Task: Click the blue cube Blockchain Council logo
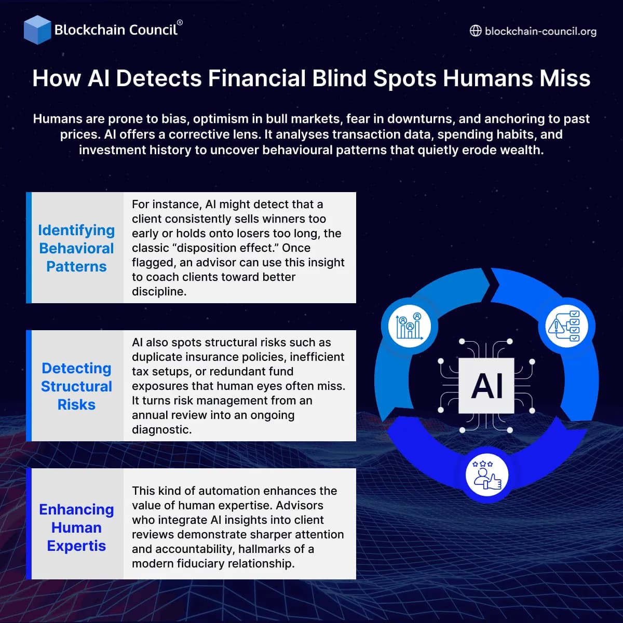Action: tap(37, 30)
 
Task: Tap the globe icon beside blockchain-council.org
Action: tap(476, 31)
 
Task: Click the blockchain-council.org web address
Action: tap(540, 31)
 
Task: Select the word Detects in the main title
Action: tap(159, 78)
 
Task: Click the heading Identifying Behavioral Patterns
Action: tap(76, 248)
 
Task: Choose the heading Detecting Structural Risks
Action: tap(76, 386)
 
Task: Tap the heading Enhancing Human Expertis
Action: tap(76, 527)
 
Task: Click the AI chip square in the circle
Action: tap(486, 386)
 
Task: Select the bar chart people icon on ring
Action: tap(410, 326)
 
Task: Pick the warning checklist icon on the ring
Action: tap(567, 326)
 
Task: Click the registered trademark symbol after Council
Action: tap(180, 23)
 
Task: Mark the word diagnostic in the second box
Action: tap(161, 430)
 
